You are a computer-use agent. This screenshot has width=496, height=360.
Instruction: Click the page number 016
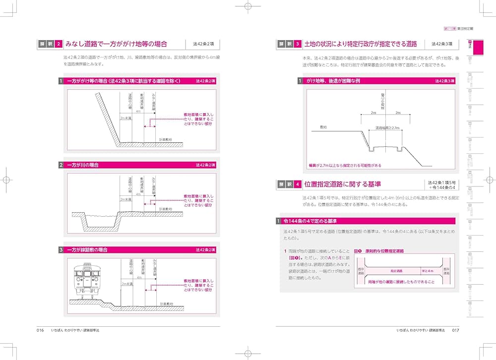(40, 330)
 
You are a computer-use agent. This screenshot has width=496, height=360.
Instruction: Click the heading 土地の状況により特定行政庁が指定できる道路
(361, 44)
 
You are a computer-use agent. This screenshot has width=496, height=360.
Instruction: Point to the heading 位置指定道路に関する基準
(343, 184)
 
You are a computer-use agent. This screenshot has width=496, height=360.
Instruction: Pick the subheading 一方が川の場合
(85, 165)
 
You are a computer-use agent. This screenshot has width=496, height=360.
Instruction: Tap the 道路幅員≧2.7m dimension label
(387, 127)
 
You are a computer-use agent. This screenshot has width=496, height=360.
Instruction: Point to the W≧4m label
(427, 271)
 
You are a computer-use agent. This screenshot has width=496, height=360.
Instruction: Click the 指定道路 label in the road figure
(396, 271)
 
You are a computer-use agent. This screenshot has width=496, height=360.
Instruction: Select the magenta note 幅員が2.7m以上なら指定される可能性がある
(345, 165)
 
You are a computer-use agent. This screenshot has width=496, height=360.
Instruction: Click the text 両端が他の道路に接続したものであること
(402, 282)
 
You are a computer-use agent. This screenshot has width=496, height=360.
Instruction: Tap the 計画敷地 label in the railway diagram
(166, 303)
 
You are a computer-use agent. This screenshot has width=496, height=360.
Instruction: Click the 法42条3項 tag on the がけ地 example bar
(444, 80)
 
